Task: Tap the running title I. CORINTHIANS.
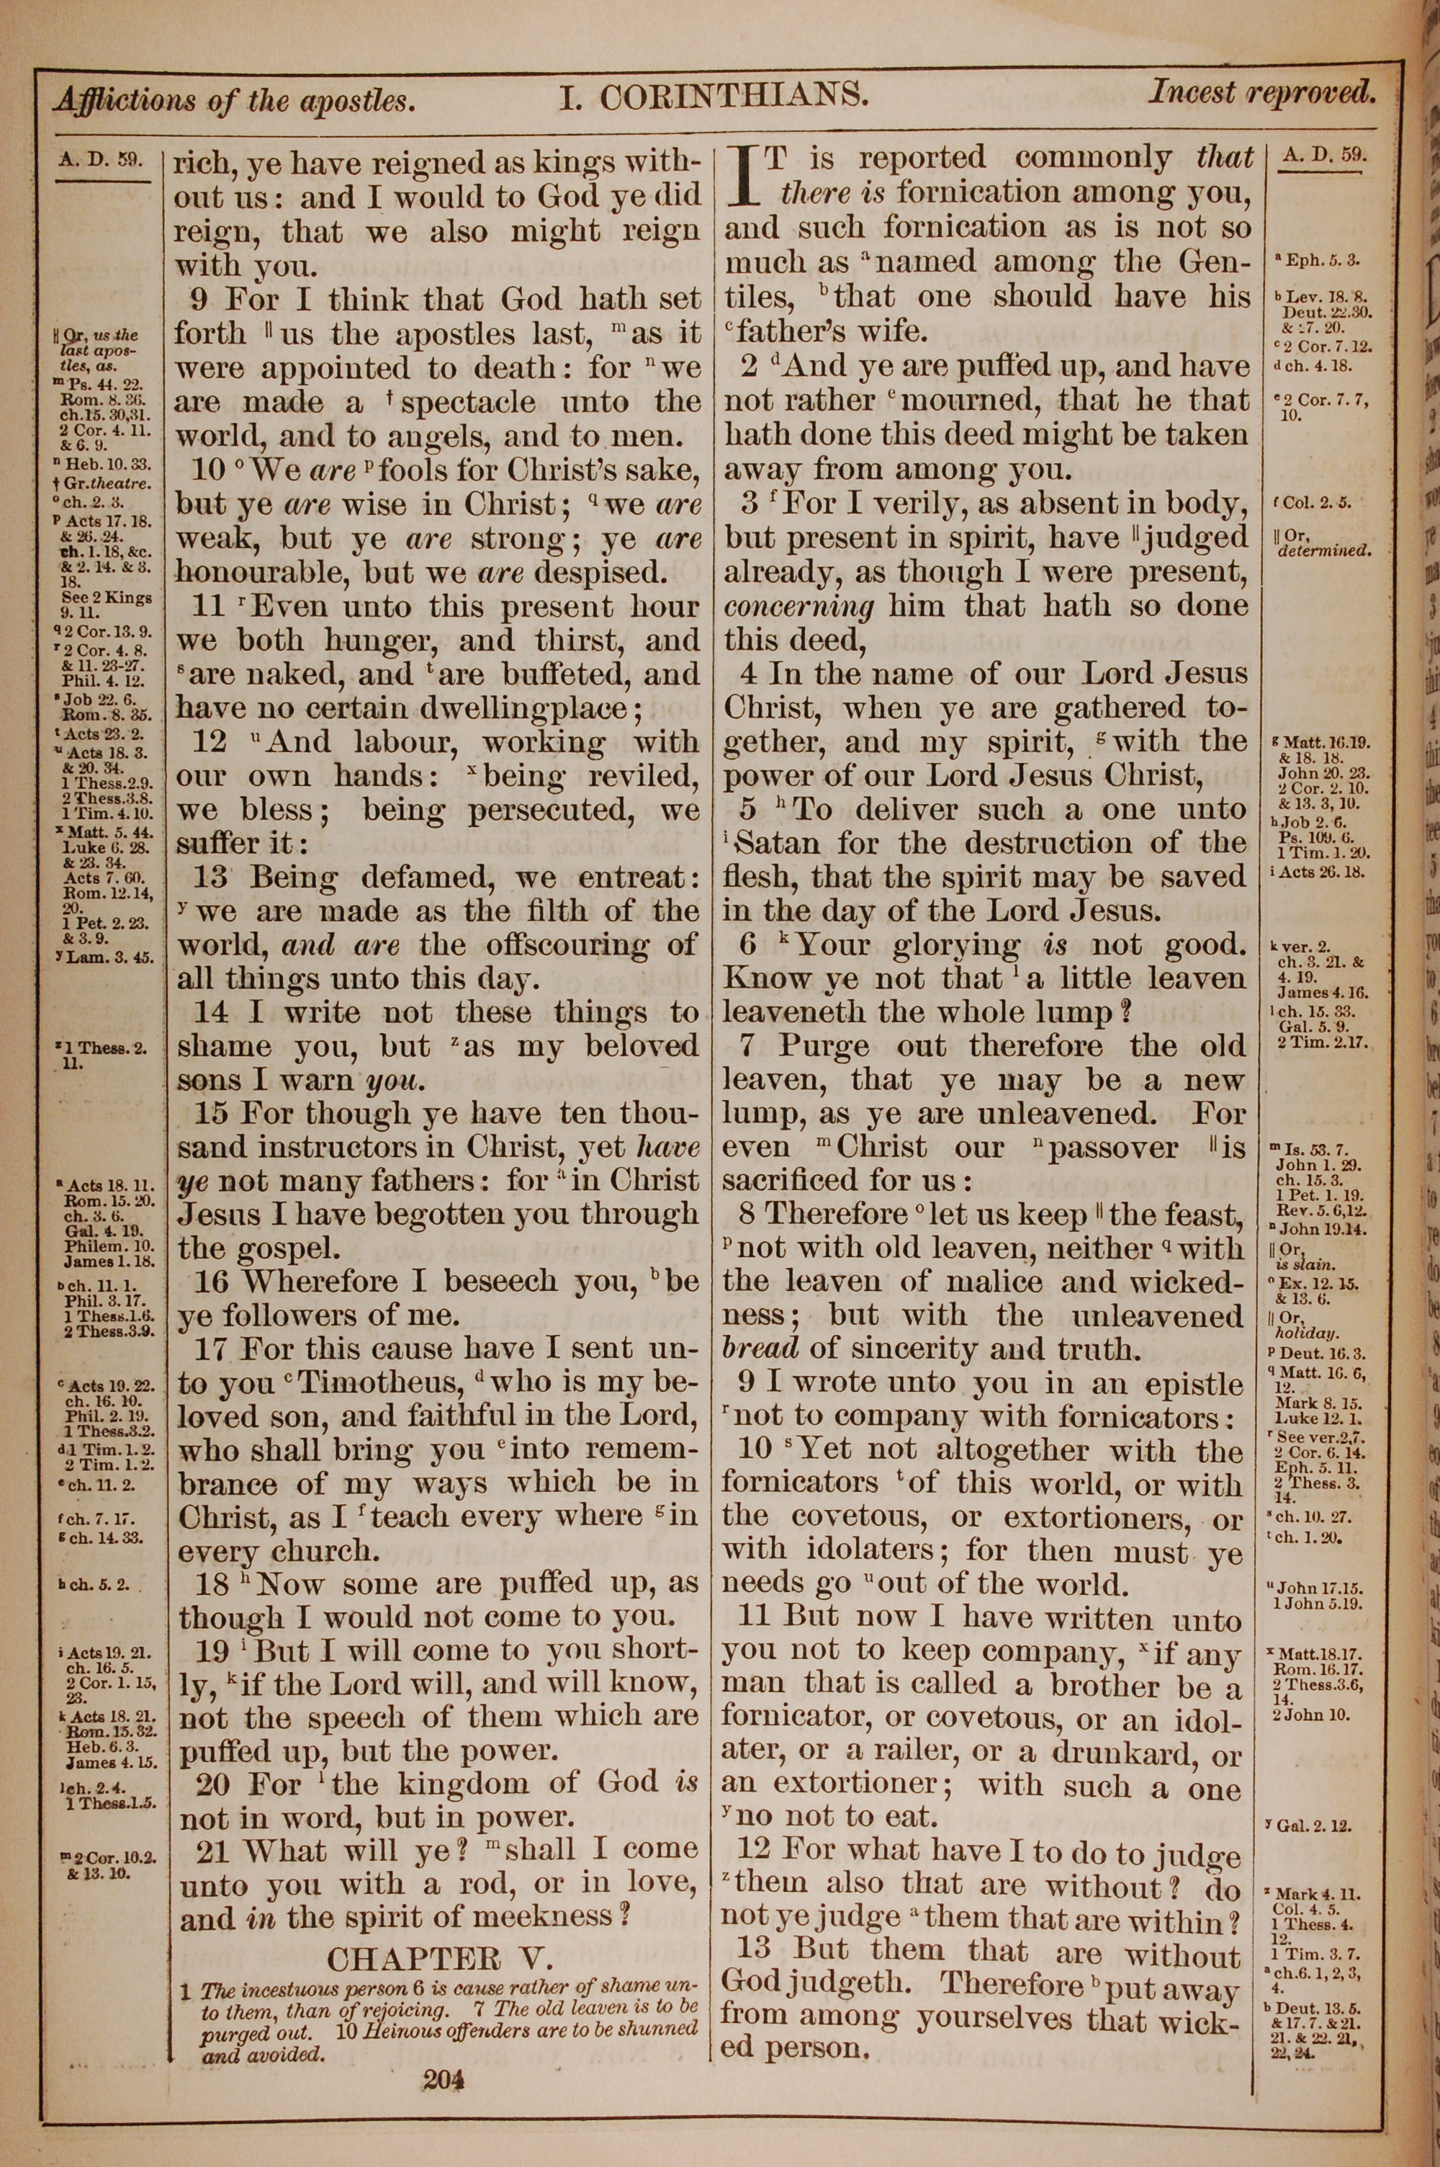pos(714,96)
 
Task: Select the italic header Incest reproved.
pos(1262,92)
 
